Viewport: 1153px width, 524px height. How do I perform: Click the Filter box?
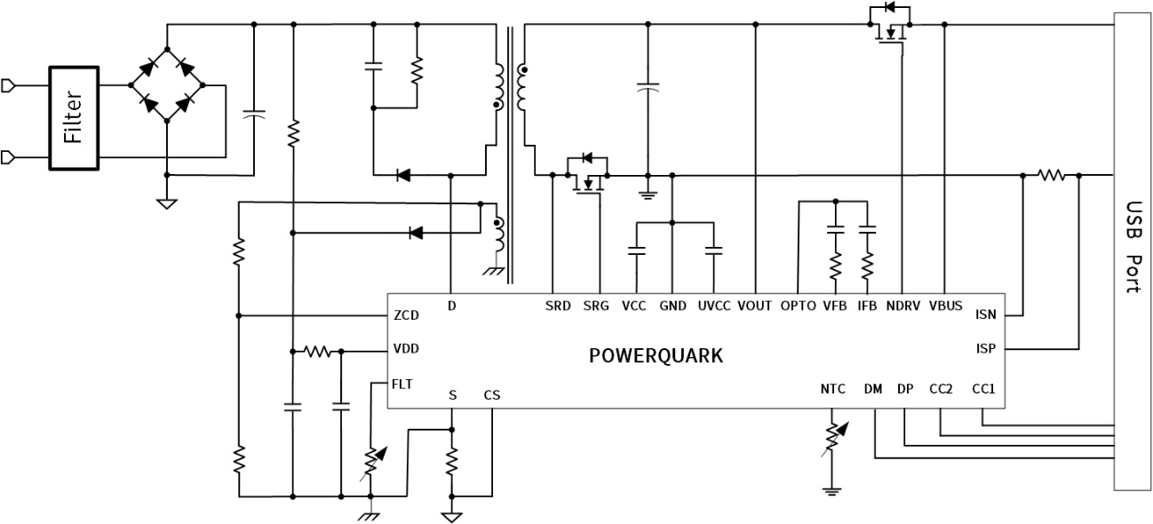pyautogui.click(x=74, y=116)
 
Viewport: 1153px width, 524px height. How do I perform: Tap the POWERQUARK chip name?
pyautogui.click(x=656, y=356)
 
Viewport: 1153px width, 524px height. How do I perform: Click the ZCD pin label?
pyautogui.click(x=406, y=315)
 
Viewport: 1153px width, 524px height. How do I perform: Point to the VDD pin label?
pyautogui.click(x=406, y=350)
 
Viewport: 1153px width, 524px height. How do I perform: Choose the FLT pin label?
pyautogui.click(x=402, y=385)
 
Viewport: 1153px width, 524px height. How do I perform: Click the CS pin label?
pyautogui.click(x=491, y=395)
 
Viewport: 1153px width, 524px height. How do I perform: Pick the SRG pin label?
pyautogui.click(x=596, y=306)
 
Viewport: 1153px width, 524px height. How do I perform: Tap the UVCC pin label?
pyautogui.click(x=713, y=306)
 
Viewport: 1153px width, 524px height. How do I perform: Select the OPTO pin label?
pyautogui.click(x=798, y=306)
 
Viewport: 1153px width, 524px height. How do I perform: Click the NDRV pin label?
pyautogui.click(x=904, y=306)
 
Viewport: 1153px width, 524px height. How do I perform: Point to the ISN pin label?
pyautogui.click(x=985, y=314)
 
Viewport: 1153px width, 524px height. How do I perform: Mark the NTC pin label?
pyautogui.click(x=833, y=389)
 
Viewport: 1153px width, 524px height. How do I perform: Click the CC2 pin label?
pyautogui.click(x=941, y=389)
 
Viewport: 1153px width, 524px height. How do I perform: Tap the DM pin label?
pyautogui.click(x=873, y=389)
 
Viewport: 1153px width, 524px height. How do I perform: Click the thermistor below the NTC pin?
pyautogui.click(x=832, y=438)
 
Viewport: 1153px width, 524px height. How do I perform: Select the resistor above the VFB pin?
pyautogui.click(x=835, y=265)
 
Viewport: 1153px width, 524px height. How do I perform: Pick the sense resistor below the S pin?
pyautogui.click(x=452, y=462)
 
